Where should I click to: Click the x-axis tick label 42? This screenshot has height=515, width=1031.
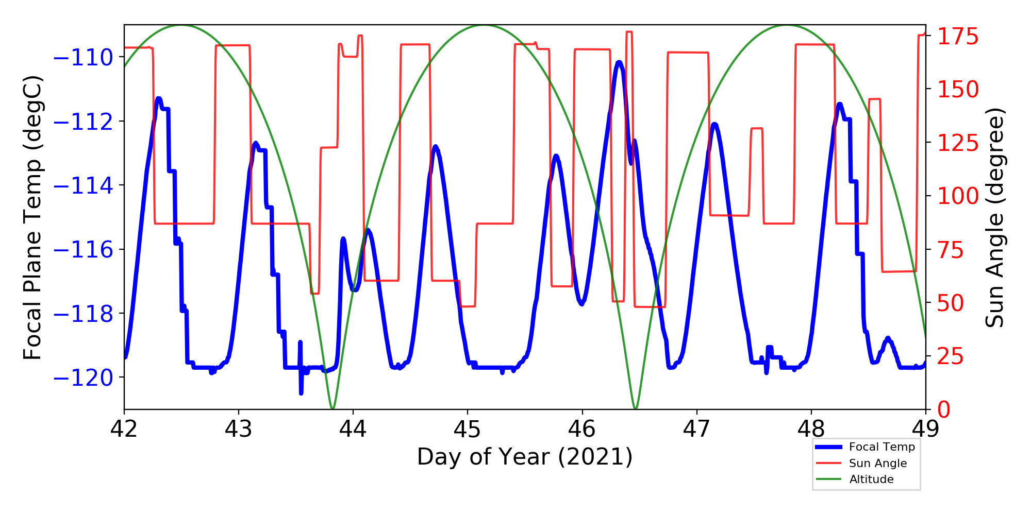point(124,429)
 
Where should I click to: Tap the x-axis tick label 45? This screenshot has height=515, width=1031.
point(468,429)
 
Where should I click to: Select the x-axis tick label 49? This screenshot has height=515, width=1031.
point(926,429)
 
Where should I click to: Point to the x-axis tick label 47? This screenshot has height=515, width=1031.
point(697,429)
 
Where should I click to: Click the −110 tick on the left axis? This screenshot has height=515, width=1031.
point(83,58)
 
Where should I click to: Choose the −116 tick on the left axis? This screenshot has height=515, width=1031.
point(83,250)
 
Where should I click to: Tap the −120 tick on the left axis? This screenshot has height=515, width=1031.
point(83,378)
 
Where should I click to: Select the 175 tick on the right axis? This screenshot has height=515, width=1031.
point(958,37)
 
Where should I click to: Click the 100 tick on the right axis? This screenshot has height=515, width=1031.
point(958,196)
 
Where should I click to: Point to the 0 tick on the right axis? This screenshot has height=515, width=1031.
point(944,410)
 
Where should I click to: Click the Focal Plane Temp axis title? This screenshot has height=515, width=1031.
point(32,217)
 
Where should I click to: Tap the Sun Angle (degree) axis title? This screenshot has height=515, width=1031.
point(995,217)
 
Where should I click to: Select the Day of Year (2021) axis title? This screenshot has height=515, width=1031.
point(525,457)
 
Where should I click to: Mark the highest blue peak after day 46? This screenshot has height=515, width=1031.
point(619,62)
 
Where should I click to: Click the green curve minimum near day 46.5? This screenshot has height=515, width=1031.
point(636,408)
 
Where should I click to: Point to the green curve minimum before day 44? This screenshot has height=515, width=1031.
point(332,408)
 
